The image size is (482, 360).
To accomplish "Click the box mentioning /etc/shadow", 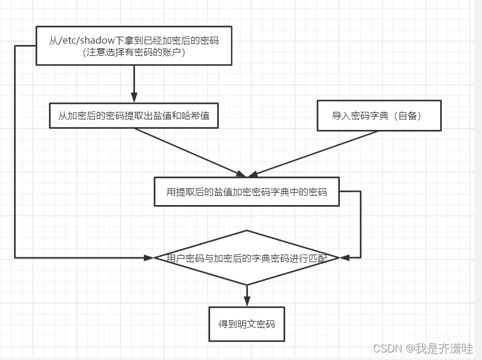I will (x=134, y=45).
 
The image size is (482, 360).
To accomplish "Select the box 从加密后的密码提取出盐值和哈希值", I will (x=134, y=116).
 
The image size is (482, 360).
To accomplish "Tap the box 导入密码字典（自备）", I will (x=378, y=115).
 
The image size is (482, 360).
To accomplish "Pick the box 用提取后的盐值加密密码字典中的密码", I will (x=246, y=192).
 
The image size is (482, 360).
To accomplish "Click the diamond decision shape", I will (x=247, y=257).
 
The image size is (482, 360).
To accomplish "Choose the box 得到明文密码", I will (x=247, y=324).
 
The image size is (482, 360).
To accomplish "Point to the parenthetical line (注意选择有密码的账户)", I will (x=134, y=52).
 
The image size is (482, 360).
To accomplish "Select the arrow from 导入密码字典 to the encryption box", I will (x=314, y=153).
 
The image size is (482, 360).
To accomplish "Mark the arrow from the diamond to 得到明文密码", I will (x=247, y=296).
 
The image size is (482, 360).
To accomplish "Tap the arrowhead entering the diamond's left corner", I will (x=149, y=257).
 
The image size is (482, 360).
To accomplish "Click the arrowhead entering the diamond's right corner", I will (x=344, y=257).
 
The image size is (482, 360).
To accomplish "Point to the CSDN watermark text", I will (x=388, y=348).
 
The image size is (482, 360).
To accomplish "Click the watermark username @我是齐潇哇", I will (x=440, y=348).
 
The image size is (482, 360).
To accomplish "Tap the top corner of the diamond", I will (x=247, y=231).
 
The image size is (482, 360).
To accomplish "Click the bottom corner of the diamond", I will (x=247, y=284).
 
